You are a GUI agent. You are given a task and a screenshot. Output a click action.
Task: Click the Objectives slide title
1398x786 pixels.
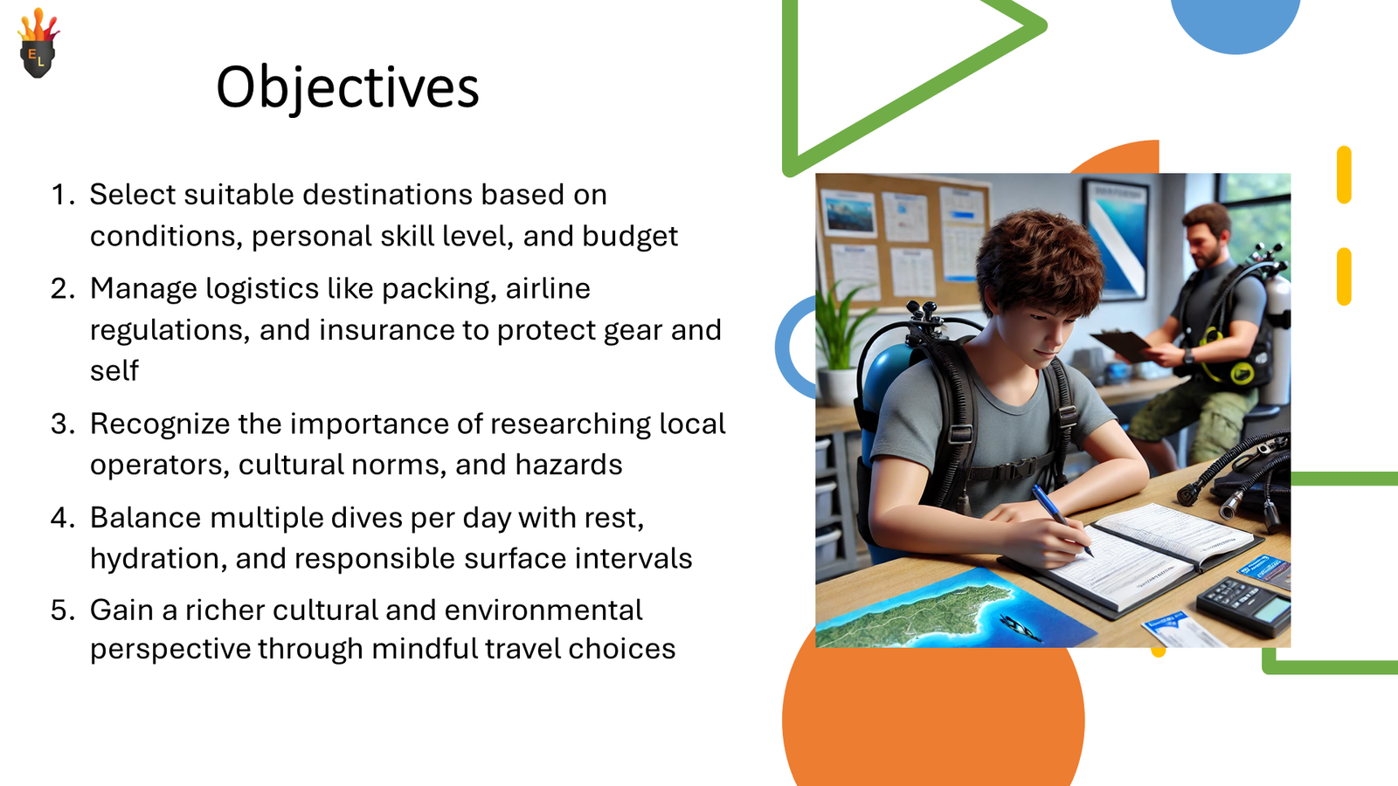[x=347, y=87]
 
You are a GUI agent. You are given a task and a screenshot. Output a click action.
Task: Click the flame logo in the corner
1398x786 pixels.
[x=38, y=43]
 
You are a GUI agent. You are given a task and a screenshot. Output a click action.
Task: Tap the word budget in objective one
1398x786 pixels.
[x=630, y=237]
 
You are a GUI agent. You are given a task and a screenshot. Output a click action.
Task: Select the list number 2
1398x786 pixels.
[x=62, y=289]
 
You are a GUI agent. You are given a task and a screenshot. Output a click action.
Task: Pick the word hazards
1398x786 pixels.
[x=569, y=465]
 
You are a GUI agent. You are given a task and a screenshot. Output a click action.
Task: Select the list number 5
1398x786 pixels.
[x=62, y=610]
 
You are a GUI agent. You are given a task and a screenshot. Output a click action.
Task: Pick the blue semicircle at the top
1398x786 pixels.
[x=1235, y=26]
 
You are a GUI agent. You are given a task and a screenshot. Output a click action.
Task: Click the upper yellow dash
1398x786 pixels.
[x=1344, y=175]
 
